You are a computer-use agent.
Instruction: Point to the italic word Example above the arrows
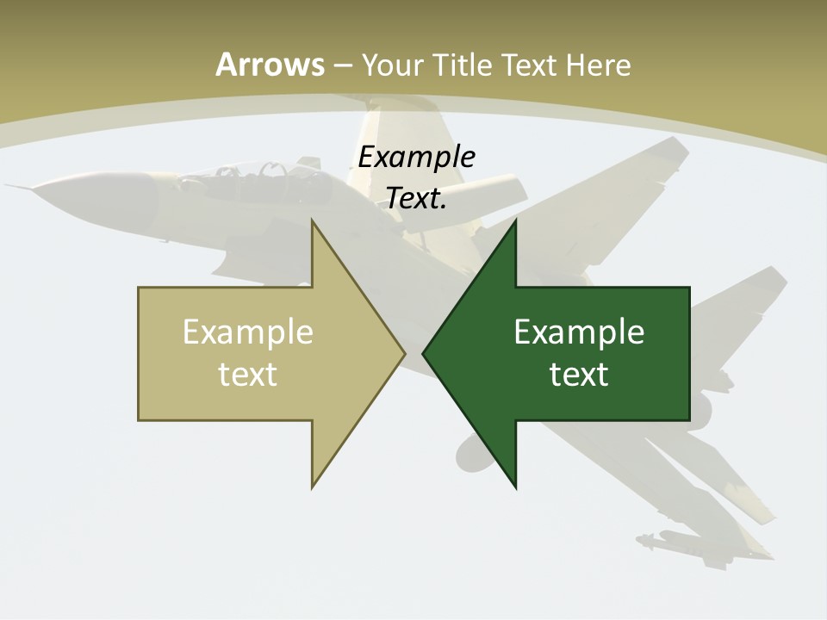416,158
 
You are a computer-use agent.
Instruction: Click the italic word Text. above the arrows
416,199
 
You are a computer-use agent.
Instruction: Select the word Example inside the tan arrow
248,332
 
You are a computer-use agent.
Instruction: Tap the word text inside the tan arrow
248,374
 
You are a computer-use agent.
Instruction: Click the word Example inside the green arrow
579,332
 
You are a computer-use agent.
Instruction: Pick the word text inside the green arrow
579,374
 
